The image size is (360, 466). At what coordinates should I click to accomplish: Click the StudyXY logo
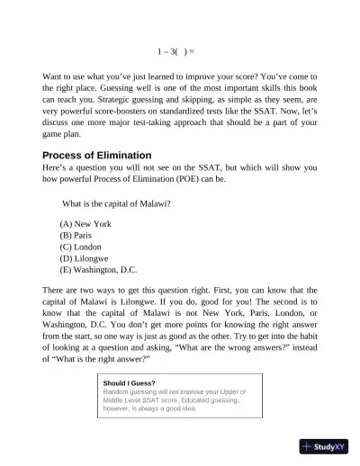click(x=324, y=447)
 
